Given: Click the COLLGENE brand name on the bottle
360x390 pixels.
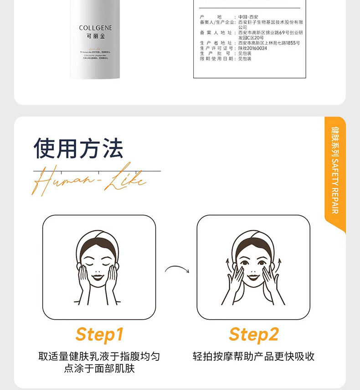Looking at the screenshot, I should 95,28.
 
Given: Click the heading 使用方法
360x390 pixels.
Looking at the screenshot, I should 78,148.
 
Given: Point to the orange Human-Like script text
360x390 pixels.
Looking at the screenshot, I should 89,181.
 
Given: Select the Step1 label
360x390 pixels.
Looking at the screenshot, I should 99,334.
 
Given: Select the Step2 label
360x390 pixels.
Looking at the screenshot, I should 254,334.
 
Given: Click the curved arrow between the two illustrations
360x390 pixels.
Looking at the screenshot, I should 177,269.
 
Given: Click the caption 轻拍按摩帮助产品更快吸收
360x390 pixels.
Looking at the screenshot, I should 254,356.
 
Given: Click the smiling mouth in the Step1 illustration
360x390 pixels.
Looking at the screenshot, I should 98,277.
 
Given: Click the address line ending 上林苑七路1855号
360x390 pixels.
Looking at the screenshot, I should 269,43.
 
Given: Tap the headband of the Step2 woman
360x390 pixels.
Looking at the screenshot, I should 253,238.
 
